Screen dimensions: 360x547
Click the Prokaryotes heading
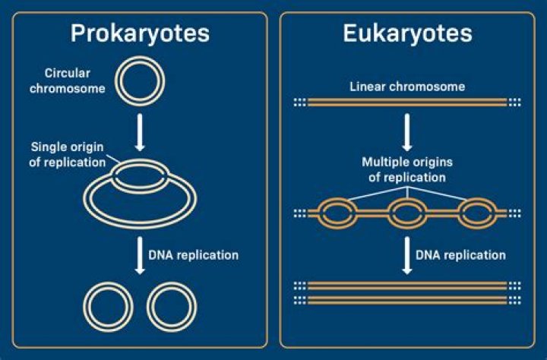pos(140,34)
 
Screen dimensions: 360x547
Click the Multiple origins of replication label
pos(408,169)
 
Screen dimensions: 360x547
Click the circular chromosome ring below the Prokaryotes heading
pos(139,84)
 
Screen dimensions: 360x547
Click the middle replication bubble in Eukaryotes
pos(408,213)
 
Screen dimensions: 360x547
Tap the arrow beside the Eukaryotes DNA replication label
pos(407,254)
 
